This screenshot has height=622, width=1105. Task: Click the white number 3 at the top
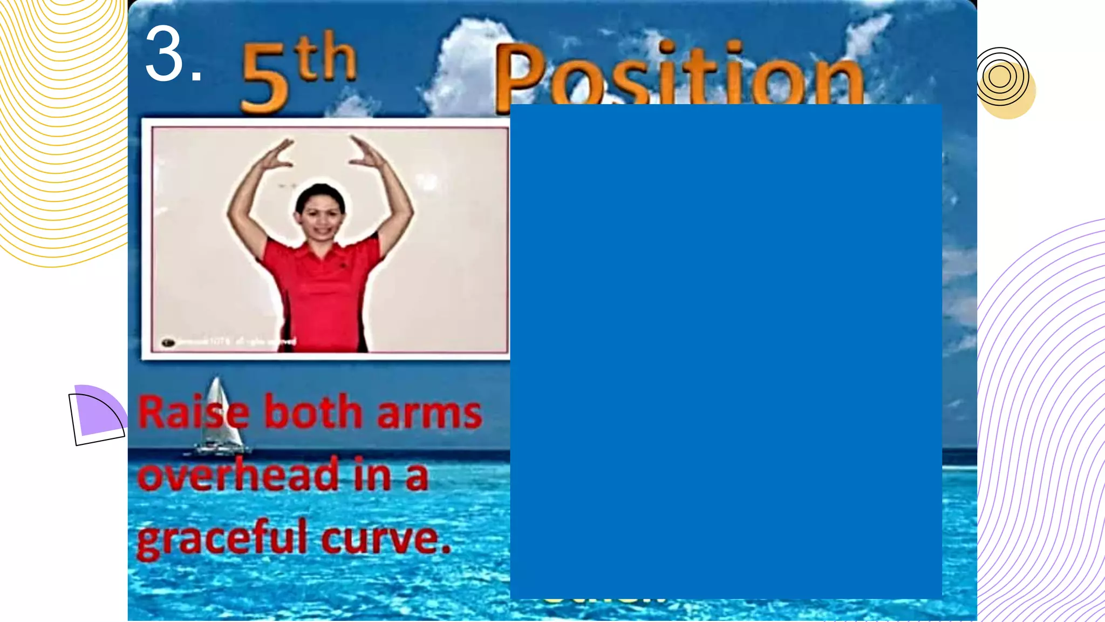pyautogui.click(x=165, y=54)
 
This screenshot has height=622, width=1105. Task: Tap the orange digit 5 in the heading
pyautogui.click(x=264, y=79)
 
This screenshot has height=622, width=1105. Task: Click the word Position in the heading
pyautogui.click(x=680, y=76)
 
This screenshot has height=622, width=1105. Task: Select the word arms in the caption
pyautogui.click(x=429, y=414)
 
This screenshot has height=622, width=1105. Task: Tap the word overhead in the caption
pyautogui.click(x=237, y=475)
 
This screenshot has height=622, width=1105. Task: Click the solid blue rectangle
pyautogui.click(x=726, y=351)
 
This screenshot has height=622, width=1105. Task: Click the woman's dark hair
pyautogui.click(x=319, y=192)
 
